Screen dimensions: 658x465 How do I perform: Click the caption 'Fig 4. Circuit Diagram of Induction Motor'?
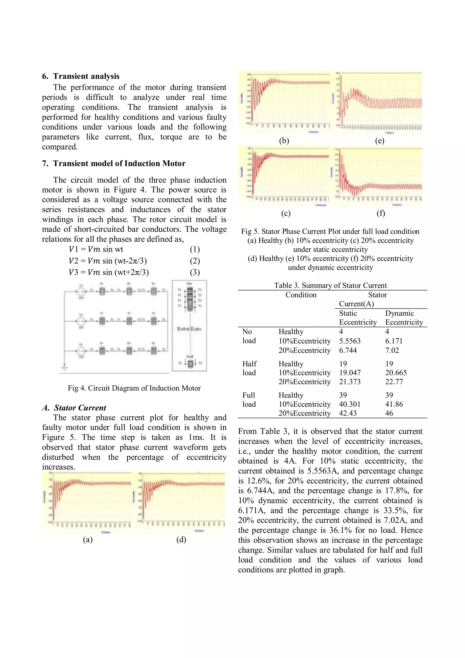[134, 388]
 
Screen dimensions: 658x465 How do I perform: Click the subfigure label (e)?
[380, 140]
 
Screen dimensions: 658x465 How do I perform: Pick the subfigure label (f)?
[381, 213]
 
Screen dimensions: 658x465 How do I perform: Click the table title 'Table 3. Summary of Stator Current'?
[330, 285]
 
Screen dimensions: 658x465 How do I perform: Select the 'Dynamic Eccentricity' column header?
[404, 318]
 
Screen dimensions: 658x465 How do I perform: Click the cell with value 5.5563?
[350, 341]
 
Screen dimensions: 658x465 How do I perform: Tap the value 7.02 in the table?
[392, 350]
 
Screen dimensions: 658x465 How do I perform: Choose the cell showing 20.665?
[396, 373]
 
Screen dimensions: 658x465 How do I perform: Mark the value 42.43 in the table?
[348, 413]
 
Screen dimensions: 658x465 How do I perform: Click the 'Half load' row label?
[249, 368]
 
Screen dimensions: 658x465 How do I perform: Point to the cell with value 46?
[389, 413]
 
